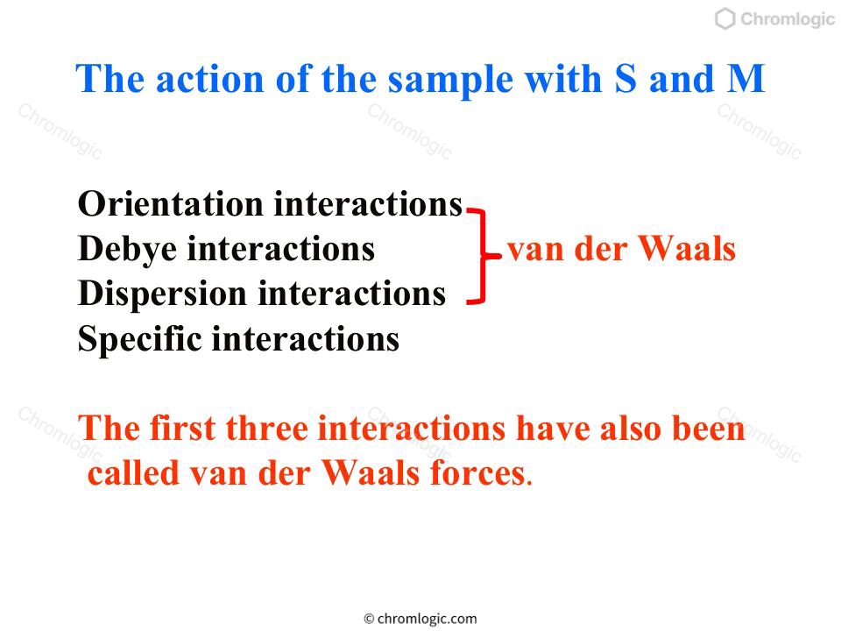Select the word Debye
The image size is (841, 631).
click(127, 250)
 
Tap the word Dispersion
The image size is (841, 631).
click(162, 294)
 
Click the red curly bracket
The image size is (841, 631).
click(482, 257)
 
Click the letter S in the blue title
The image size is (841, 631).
click(625, 79)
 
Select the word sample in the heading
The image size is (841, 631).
click(450, 81)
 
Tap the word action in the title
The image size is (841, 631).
click(209, 80)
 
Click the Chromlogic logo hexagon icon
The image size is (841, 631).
click(724, 18)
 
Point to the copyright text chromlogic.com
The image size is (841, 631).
click(420, 619)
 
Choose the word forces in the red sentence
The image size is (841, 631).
click(478, 473)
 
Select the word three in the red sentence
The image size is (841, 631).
click(266, 429)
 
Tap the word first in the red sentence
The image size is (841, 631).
click(182, 429)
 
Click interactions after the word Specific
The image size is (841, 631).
click(306, 340)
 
